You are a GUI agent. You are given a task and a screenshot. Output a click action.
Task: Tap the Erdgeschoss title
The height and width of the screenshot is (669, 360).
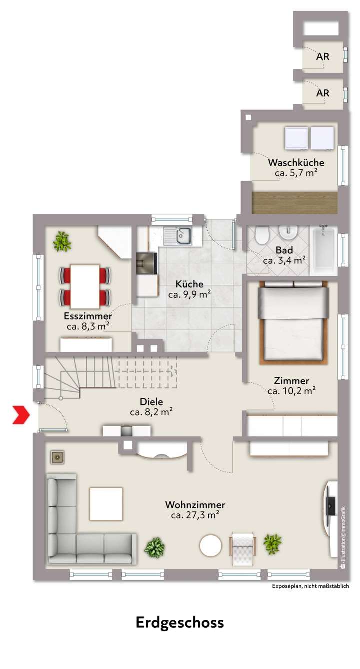[x=180, y=623]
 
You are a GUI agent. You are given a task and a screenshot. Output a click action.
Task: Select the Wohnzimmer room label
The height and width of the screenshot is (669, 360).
[x=195, y=505]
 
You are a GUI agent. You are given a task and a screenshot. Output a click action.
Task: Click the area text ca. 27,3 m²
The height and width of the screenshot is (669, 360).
[x=195, y=515]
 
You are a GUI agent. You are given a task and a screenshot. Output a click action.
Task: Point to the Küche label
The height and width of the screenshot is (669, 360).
[x=189, y=284]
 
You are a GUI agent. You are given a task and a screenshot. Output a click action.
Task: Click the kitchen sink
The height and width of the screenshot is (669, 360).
[x=178, y=235]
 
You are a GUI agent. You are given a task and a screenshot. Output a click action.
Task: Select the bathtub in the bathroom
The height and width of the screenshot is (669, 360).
[x=324, y=250]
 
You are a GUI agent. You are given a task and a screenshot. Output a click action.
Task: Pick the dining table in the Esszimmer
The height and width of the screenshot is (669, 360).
[x=85, y=286]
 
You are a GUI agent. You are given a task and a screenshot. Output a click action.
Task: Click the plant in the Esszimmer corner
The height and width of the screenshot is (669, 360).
[x=62, y=241]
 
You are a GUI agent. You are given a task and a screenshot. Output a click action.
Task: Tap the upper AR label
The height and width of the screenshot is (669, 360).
[x=323, y=57]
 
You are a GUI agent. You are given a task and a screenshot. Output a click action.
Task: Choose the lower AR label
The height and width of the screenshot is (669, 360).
[x=323, y=93]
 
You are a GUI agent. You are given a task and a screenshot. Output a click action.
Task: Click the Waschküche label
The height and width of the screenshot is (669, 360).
[x=296, y=163]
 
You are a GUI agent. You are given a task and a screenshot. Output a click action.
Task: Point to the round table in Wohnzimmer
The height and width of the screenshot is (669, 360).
[x=210, y=546]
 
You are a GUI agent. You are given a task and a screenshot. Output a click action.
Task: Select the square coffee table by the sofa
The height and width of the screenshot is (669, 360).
[x=106, y=504]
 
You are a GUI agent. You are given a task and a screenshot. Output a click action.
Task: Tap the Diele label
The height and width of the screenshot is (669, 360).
[x=151, y=402]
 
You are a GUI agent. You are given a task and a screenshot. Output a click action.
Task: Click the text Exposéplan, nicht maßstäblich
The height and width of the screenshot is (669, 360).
[x=310, y=587]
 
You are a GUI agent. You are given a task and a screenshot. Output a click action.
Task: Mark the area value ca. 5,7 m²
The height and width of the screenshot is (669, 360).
[x=296, y=173]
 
